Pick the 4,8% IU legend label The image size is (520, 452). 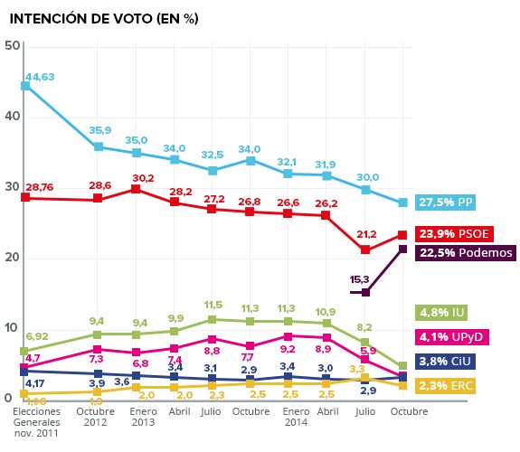(x=441, y=313)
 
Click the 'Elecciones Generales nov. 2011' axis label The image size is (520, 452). (x=36, y=422)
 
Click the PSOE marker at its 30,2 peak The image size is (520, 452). (x=136, y=189)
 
